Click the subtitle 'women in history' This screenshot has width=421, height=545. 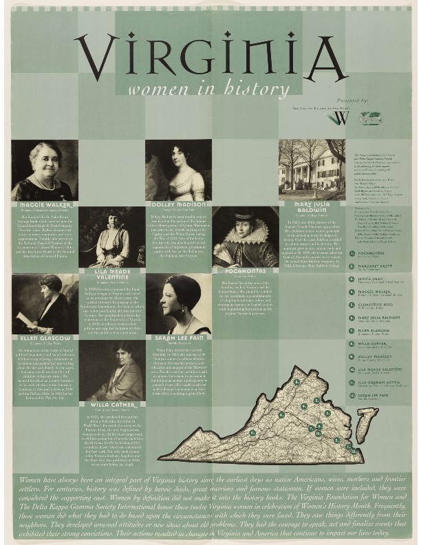pyautogui.click(x=209, y=89)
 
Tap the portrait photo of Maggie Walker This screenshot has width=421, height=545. pyautogui.click(x=45, y=170)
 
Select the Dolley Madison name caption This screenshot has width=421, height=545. pyautogui.click(x=177, y=204)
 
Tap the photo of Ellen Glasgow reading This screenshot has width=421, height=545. pyautogui.click(x=45, y=303)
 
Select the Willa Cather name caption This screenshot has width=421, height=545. pyautogui.click(x=111, y=405)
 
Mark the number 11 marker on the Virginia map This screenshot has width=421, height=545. pyautogui.click(x=252, y=433)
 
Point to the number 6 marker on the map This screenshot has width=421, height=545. pyautogui.click(x=281, y=414)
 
